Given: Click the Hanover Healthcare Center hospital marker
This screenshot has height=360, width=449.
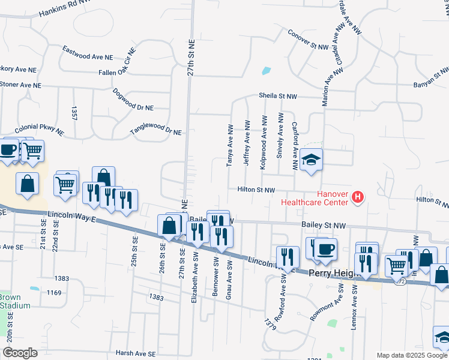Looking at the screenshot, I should coord(358,197).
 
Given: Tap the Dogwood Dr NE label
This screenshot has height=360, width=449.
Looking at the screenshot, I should coord(133,100).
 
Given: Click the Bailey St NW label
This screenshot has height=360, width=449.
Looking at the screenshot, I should coord(325,224).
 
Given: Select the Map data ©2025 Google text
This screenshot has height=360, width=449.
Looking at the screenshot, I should coord(412,355).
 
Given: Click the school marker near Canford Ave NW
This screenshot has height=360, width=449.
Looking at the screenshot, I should coord(312,160).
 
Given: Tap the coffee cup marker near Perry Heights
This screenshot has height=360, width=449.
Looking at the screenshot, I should coord(325,249).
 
